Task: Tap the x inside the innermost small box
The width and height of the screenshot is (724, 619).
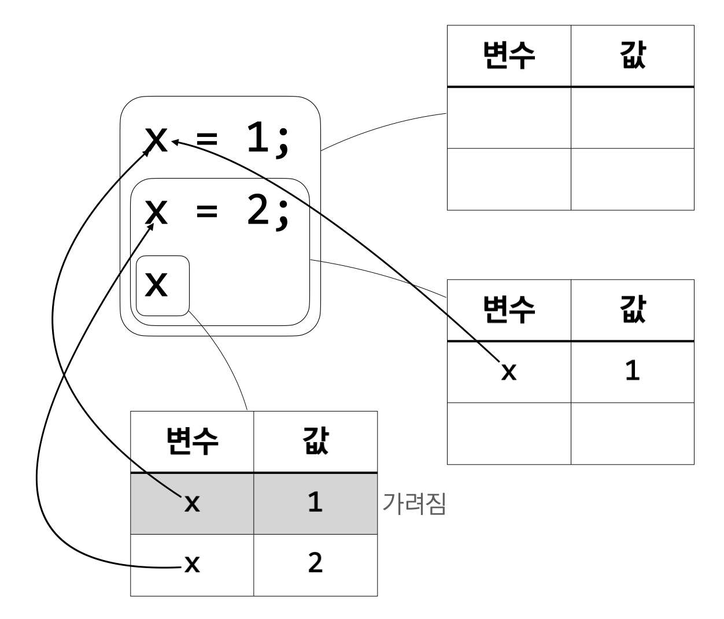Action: coord(156,284)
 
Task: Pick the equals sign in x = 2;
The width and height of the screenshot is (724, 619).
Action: coord(207,212)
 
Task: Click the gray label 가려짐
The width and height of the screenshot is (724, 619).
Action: coord(414,504)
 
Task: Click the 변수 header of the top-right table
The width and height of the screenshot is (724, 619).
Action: coord(509,56)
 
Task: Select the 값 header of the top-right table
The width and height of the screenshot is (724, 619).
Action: coord(633,56)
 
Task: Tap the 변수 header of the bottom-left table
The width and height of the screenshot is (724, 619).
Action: coord(192,442)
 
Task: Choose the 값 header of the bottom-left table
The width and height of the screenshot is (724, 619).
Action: coord(316,442)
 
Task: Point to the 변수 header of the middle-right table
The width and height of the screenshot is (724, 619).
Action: coord(509,310)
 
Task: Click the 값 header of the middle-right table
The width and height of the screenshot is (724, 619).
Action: coord(633,310)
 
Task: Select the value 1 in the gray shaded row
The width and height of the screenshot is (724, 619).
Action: coord(315,503)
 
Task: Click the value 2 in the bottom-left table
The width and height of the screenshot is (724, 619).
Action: coord(315,564)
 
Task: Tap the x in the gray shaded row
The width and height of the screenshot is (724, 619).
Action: coord(192,505)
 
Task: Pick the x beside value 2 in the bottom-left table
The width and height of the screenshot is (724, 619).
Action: coord(192,565)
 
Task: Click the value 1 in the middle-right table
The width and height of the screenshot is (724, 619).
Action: coord(633,372)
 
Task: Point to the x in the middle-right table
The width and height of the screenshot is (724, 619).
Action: coord(508,373)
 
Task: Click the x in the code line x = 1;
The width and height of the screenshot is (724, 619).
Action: coord(156,139)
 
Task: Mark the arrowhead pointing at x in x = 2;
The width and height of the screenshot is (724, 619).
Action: coord(153,226)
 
